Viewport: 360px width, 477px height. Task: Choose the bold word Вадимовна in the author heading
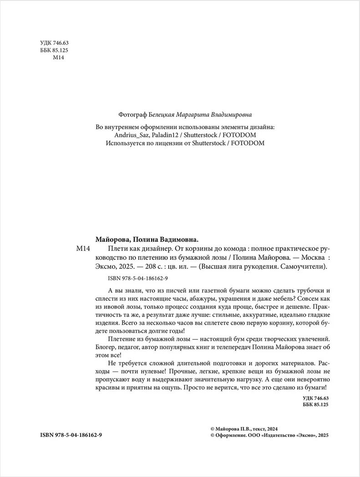(x=175, y=239)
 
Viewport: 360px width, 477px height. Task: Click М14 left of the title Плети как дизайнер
(x=82, y=249)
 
